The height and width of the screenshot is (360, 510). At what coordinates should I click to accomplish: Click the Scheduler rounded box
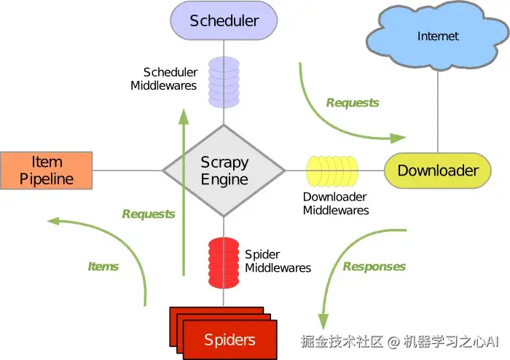[224, 20]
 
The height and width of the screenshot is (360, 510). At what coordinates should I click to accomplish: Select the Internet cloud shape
[438, 36]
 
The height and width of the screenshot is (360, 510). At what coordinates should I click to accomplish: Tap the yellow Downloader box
[438, 171]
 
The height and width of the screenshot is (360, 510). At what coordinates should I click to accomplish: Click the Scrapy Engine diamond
[224, 171]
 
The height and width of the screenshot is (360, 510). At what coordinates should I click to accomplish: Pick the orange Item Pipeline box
[47, 171]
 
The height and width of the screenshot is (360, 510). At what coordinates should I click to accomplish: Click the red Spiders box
[229, 339]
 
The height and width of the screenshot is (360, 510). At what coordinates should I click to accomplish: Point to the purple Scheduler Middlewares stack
[224, 81]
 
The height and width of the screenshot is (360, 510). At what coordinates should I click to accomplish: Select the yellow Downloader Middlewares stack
[332, 171]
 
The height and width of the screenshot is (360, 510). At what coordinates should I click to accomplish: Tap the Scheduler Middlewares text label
[164, 79]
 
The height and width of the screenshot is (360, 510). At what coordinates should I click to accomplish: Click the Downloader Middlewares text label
[336, 204]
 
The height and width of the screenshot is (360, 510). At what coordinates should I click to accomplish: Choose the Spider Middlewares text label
[278, 261]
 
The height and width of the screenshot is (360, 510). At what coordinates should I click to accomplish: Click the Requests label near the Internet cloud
[353, 103]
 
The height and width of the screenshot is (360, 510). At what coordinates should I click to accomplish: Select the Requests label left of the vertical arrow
[149, 214]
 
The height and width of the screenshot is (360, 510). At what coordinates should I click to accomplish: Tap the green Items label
[103, 266]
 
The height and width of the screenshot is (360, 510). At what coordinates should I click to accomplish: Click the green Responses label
[374, 266]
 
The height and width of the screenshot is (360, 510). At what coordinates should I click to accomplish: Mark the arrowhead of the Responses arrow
[323, 321]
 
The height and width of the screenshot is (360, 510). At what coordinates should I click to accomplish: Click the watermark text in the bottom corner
[400, 340]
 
